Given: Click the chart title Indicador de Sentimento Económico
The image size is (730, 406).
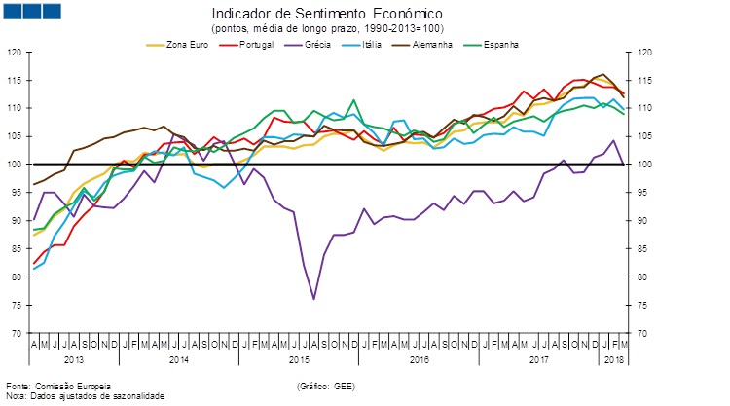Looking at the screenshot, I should [326, 14].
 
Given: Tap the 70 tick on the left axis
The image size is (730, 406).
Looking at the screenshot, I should [17, 333].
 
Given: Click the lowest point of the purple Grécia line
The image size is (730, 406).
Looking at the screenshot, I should [313, 299].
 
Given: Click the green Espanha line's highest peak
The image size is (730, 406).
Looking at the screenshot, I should [353, 99].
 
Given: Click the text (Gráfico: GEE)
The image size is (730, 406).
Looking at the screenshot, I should [326, 387].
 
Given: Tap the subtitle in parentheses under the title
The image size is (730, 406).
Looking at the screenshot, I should [326, 29].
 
